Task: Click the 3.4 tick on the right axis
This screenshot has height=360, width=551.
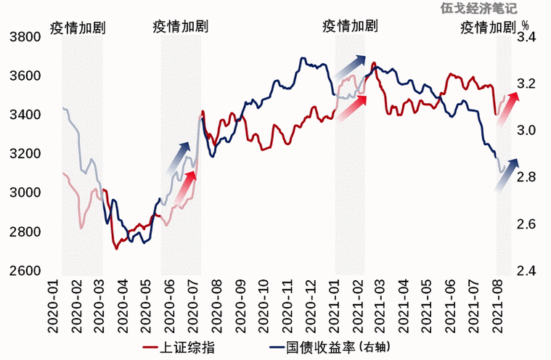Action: coord(526,37)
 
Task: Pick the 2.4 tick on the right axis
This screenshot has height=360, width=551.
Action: coord(526,271)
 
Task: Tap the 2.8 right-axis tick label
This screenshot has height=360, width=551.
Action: coord(526,177)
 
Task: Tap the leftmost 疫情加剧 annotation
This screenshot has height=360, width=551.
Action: coord(78,28)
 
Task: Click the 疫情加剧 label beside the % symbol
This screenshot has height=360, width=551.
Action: coord(487,28)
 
